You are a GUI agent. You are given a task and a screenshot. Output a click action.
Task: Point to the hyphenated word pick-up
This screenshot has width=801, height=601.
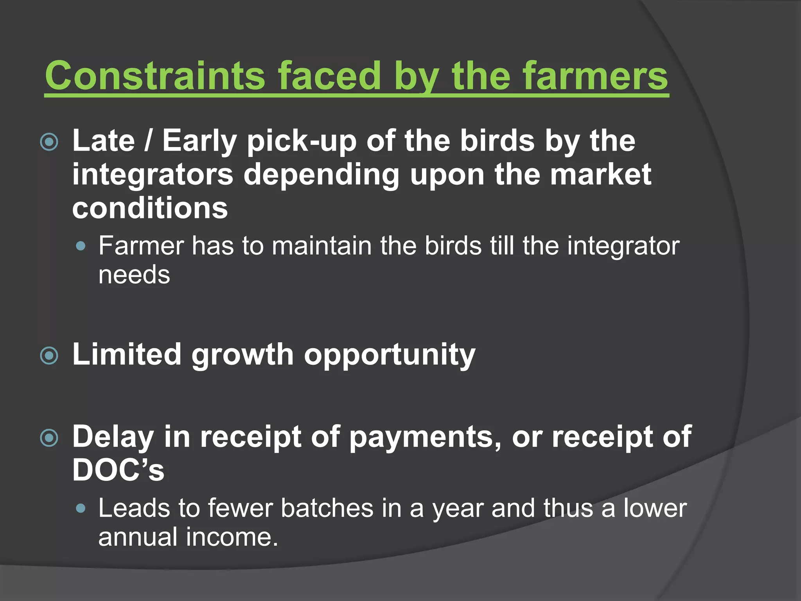[x=302, y=142]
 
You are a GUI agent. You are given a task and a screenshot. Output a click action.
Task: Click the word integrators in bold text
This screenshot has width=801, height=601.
[x=153, y=175]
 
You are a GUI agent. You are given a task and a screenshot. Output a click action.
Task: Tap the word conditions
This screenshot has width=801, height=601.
[x=150, y=208]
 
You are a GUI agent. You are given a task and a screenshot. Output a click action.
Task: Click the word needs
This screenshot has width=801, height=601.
[x=134, y=275]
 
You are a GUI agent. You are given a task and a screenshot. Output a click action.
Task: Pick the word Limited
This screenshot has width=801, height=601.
[x=127, y=354]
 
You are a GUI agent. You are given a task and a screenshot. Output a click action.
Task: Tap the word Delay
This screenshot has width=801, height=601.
[x=113, y=437]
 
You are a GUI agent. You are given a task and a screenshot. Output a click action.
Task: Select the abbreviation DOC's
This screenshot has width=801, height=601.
[x=118, y=470]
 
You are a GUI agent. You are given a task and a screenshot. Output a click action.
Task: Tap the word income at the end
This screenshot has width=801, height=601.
[x=232, y=537]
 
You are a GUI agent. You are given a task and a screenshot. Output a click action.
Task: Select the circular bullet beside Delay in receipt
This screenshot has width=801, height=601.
[x=49, y=438]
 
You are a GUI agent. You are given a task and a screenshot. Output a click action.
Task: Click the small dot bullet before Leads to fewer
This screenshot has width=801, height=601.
[x=81, y=508]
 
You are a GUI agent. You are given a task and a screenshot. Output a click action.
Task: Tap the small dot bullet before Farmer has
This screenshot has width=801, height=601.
[x=81, y=246]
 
